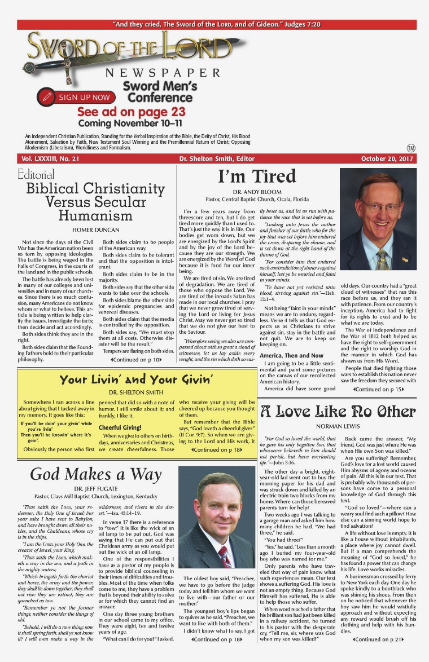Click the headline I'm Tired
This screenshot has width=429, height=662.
coord(257,177)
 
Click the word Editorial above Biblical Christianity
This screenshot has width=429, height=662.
coord(36,175)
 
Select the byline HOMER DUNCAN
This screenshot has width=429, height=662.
coord(95,230)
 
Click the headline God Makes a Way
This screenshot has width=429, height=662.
coord(95,474)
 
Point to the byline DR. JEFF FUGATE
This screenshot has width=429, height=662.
coord(95,491)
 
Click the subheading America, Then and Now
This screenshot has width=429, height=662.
coord(291,356)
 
